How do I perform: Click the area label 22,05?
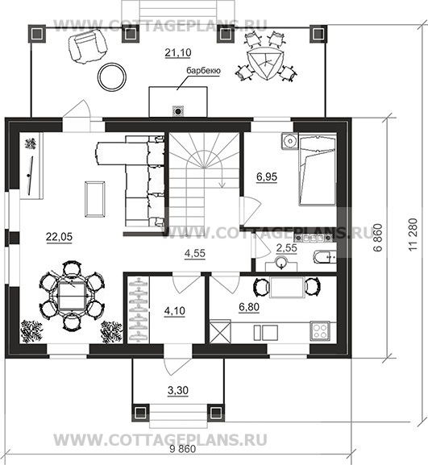tap(59, 237)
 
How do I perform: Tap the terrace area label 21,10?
tap(178, 52)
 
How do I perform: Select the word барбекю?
tap(203, 71)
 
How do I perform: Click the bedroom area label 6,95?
tap(267, 176)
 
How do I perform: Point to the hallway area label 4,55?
tap(195, 254)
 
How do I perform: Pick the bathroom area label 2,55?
tap(286, 247)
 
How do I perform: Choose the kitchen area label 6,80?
tap(249, 307)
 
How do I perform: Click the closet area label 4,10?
tap(175, 311)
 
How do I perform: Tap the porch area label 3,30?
tap(178, 391)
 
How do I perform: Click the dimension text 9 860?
tap(183, 449)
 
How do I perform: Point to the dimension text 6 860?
tap(378, 238)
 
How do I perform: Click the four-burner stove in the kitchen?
tap(320, 331)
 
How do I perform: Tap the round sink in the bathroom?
tap(280, 263)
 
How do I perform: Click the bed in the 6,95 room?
tap(318, 169)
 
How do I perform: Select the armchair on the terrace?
tap(88, 46)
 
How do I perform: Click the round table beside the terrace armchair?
tap(112, 77)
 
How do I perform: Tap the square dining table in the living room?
tap(72, 296)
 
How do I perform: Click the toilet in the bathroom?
tap(324, 257)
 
